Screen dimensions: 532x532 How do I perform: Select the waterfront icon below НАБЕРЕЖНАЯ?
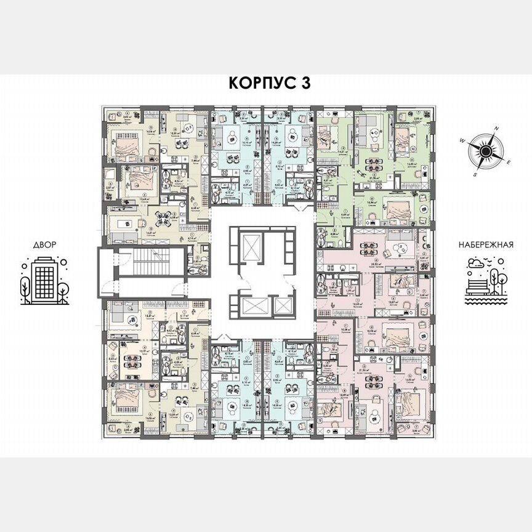pos(486,280)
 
